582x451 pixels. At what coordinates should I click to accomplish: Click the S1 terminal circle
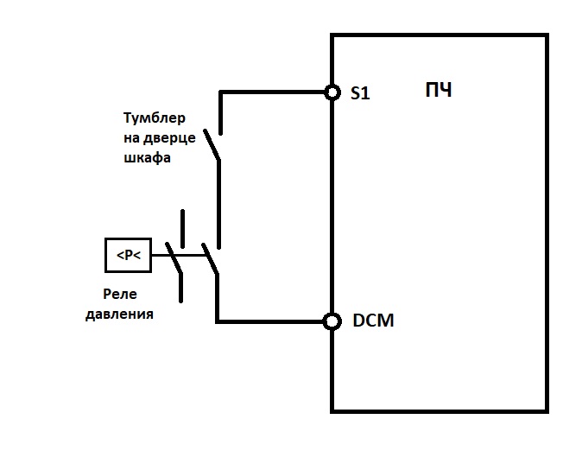click(332, 92)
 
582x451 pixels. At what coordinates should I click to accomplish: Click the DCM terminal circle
click(332, 321)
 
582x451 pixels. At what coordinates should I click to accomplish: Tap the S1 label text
click(360, 92)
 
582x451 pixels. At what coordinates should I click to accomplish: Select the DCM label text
click(373, 321)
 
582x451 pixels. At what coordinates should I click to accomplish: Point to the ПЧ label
click(439, 90)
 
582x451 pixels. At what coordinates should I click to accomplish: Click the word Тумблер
click(155, 118)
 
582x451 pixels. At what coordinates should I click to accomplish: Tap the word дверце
click(169, 138)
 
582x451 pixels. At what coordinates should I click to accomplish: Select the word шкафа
click(147, 158)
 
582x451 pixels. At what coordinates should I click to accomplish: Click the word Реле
click(120, 294)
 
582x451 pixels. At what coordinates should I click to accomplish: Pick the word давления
click(119, 314)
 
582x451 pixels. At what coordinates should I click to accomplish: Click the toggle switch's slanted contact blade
click(212, 145)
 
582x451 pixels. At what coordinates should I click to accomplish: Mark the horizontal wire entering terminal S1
click(272, 92)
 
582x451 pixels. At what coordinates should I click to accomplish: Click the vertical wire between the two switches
click(218, 204)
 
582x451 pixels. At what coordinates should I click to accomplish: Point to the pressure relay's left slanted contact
click(174, 258)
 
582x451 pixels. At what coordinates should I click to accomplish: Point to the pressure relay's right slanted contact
click(210, 259)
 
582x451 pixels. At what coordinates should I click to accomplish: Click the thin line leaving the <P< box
click(179, 255)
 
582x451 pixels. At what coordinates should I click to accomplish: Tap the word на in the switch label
click(131, 138)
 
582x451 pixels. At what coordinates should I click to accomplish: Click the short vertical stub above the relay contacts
click(182, 229)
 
